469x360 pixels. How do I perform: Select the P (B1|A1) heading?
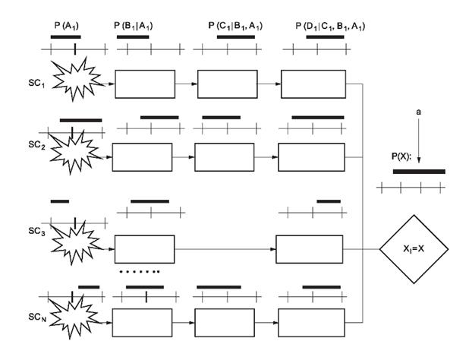tap(137, 26)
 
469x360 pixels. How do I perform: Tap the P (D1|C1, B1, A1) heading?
tap(330, 26)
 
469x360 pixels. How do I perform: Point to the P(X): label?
tap(401, 158)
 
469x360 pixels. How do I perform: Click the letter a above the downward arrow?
tap(418, 113)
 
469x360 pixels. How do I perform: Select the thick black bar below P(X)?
tap(418, 172)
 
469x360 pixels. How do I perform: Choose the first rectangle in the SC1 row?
tap(143, 84)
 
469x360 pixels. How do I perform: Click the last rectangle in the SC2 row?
tap(307, 157)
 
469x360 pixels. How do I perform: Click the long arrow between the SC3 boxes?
tap(225, 249)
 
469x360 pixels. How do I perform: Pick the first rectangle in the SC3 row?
tap(143, 249)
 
